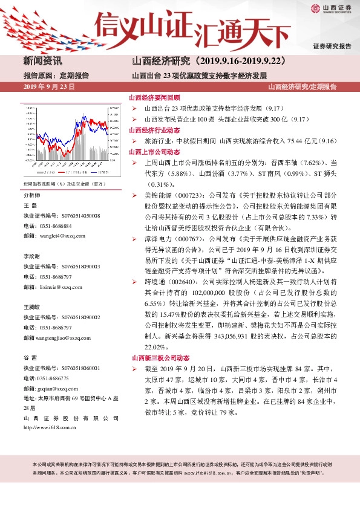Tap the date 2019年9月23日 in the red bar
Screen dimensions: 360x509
point(48,87)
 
